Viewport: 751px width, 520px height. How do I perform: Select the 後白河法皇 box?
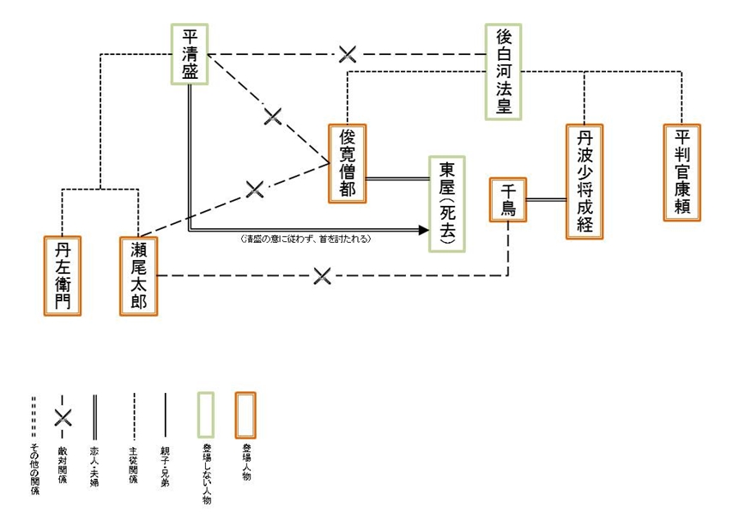[x=503, y=71]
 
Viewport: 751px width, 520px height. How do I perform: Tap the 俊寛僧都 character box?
[x=348, y=163]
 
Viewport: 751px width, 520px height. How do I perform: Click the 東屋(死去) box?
[x=448, y=204]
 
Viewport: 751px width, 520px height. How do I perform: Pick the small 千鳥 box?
[x=508, y=199]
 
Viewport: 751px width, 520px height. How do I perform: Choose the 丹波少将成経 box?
[x=585, y=181]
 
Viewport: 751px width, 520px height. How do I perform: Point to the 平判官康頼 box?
[x=683, y=172]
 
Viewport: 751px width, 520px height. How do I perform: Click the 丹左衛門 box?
[x=63, y=275]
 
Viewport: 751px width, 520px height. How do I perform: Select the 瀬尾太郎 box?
[x=139, y=275]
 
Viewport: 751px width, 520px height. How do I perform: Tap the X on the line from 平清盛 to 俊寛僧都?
[x=273, y=116]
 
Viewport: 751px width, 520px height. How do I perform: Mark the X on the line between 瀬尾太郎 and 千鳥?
[x=323, y=275]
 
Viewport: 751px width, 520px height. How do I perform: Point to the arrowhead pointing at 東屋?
[x=422, y=230]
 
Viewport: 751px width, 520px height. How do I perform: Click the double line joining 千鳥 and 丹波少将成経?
[x=546, y=199]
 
